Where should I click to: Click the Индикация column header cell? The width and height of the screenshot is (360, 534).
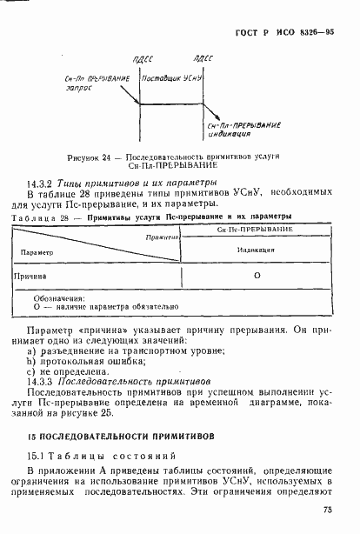pyautogui.click(x=257, y=249)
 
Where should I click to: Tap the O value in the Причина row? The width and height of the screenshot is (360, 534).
pyautogui.click(x=257, y=275)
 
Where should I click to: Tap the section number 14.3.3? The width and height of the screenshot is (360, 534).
pyautogui.click(x=41, y=381)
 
